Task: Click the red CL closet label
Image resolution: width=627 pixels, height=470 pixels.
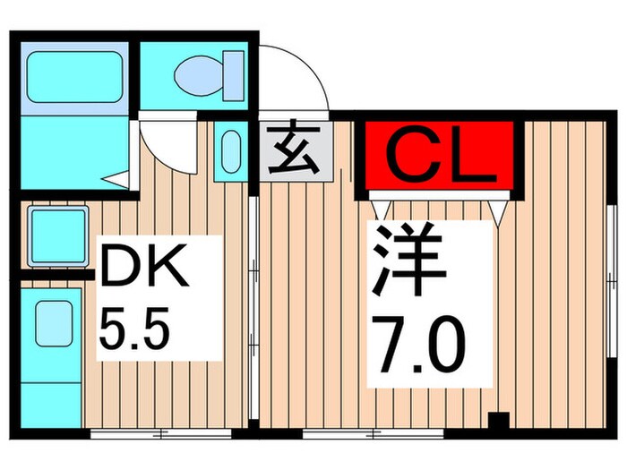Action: [440, 158]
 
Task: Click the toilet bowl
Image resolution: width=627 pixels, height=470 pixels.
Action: [198, 74]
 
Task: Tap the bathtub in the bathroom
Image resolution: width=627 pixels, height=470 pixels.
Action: [73, 77]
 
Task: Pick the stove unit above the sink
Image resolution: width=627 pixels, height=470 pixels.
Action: [57, 236]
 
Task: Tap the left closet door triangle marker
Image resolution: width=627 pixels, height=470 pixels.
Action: [383, 209]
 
